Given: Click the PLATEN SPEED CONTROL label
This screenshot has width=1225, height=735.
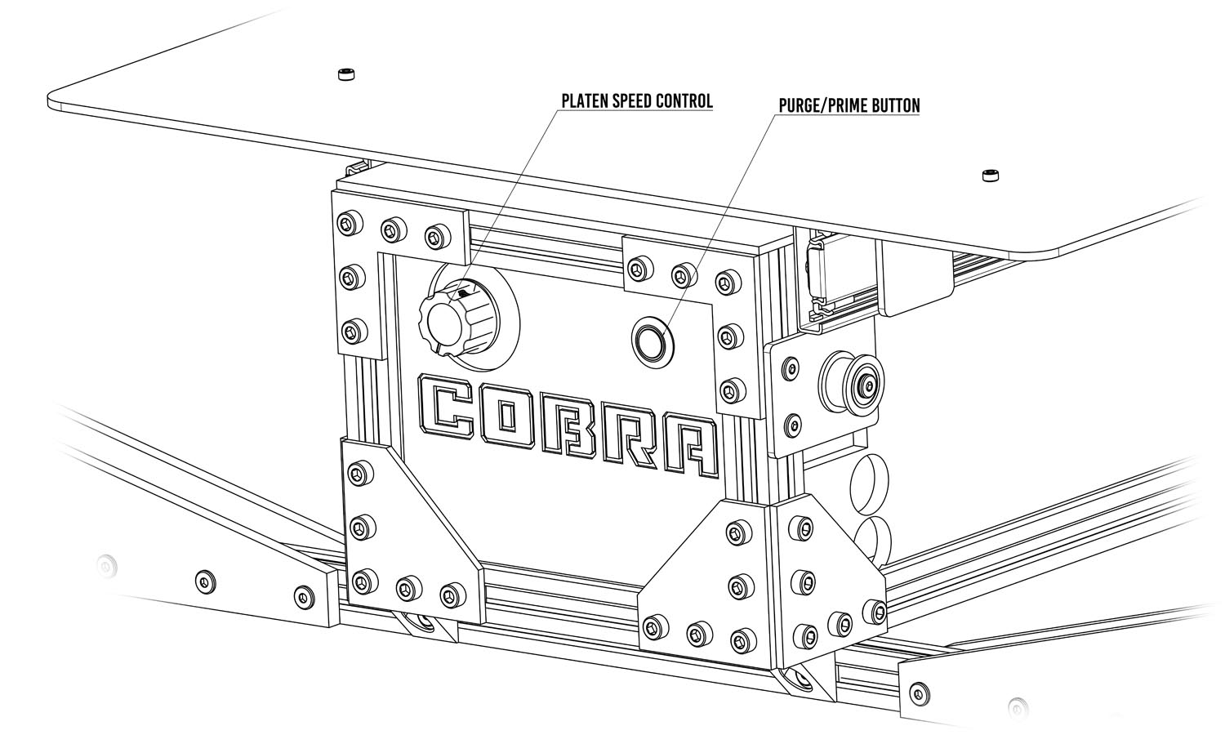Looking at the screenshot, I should (x=636, y=101).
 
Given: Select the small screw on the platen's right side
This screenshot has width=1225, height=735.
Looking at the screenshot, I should (x=991, y=175).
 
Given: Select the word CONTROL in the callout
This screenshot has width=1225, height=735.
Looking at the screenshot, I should (x=685, y=101).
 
